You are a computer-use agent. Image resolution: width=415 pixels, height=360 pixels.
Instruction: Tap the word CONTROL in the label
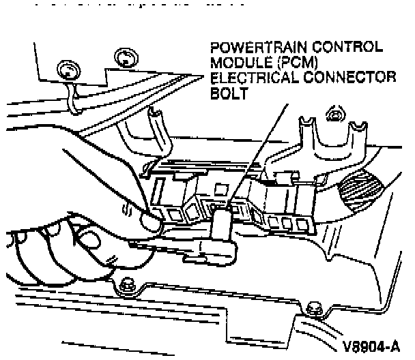point(347,50)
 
